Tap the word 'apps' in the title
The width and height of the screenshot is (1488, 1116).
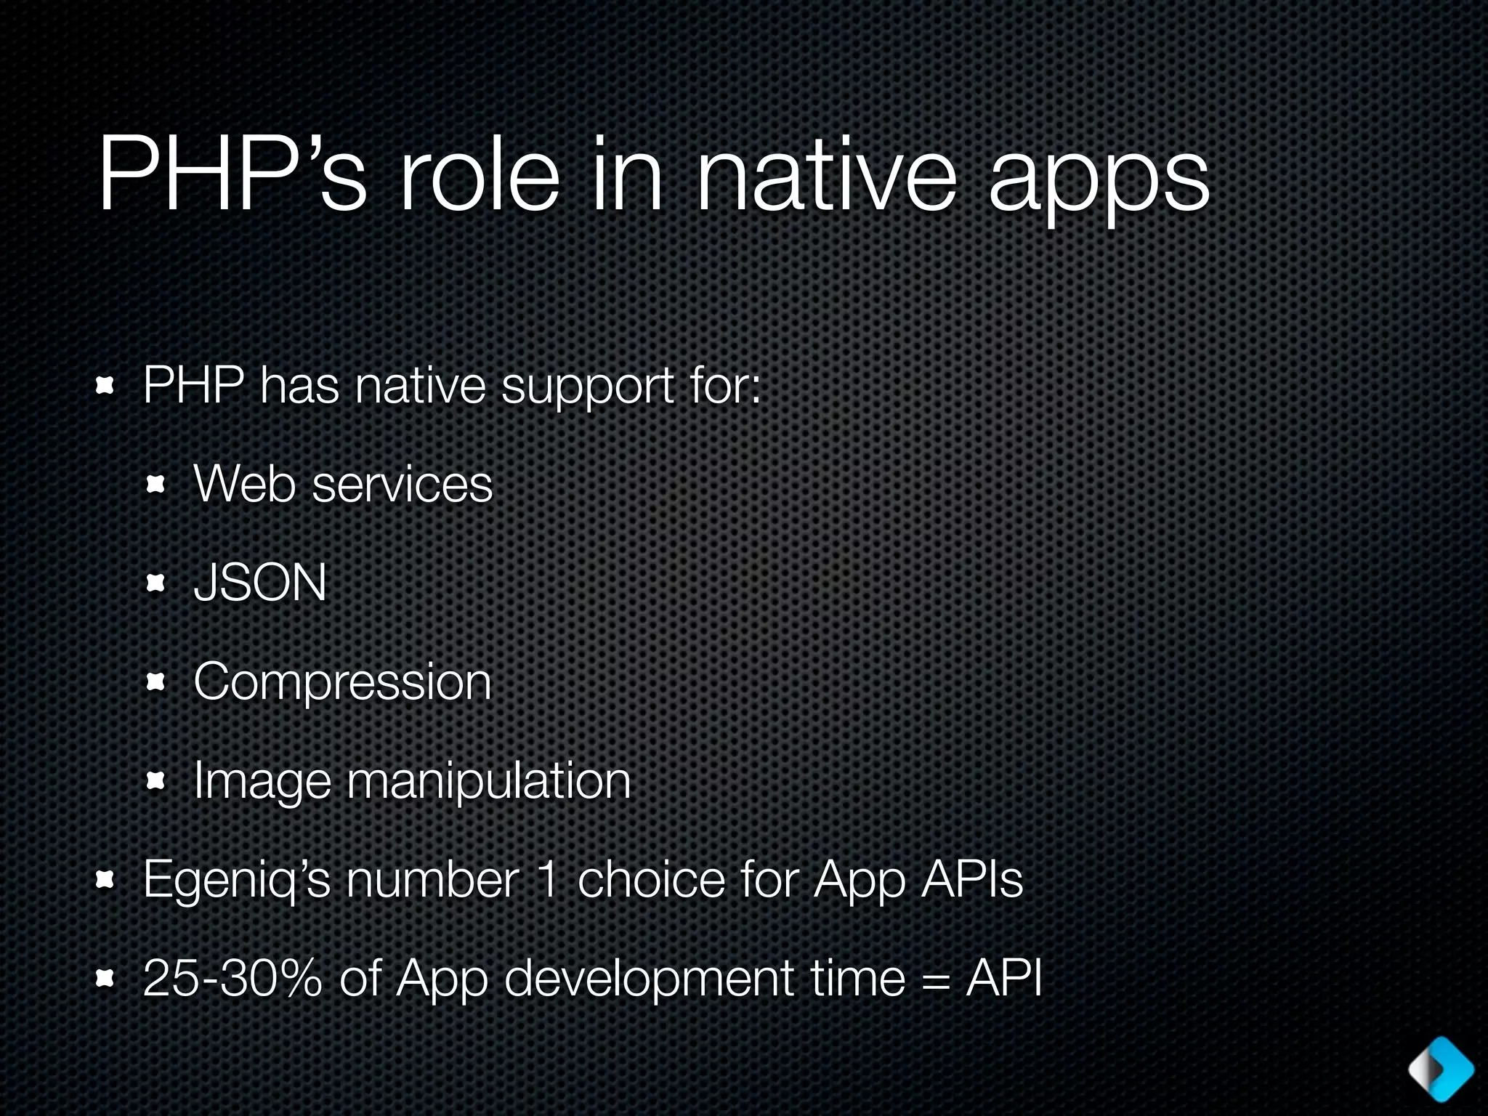coord(1098,182)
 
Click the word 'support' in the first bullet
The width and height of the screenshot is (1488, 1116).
coord(587,387)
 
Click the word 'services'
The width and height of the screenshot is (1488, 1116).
coord(403,485)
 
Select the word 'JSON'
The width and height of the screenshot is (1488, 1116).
coord(260,583)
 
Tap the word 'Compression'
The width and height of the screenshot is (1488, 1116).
coord(342,683)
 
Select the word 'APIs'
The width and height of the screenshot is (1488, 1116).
coord(971,879)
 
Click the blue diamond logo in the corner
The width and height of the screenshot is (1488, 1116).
coord(1441,1068)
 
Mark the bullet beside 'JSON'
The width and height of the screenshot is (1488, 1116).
coord(156,583)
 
